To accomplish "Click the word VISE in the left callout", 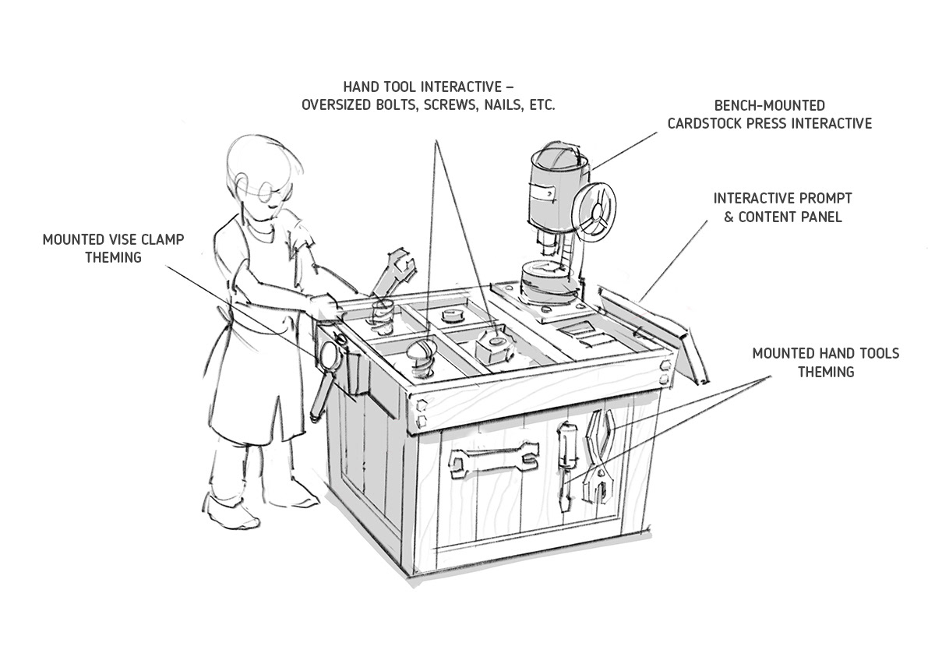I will point(123,239).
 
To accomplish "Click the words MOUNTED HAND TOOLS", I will point(825,354).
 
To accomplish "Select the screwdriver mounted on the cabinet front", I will point(566,457).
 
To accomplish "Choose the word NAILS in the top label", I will point(499,104).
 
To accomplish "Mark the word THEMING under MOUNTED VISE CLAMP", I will point(114,257).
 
